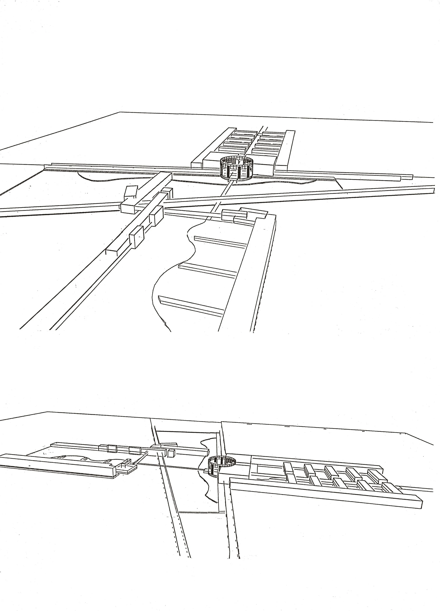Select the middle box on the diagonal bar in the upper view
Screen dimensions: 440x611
click(x=156, y=215)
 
